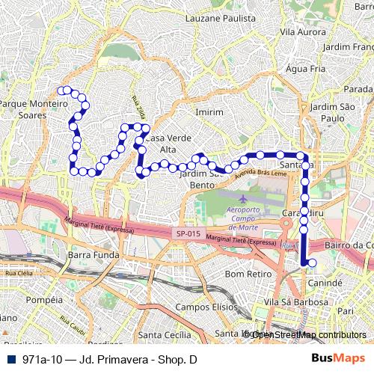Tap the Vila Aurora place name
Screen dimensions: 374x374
click(x=299, y=32)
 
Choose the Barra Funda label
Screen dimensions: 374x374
click(x=89, y=255)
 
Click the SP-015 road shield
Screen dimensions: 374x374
click(x=188, y=233)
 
